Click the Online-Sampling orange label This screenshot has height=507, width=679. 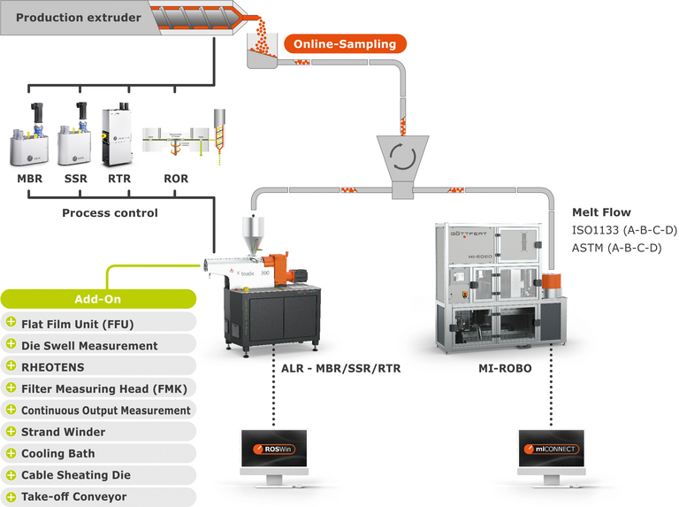(x=344, y=43)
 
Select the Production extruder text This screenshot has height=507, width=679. (x=67, y=18)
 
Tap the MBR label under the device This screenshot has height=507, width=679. (x=29, y=179)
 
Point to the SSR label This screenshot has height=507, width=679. (x=74, y=179)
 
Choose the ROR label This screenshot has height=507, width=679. (x=176, y=179)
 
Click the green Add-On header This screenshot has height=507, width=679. (x=96, y=300)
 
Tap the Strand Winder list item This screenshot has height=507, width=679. (x=63, y=432)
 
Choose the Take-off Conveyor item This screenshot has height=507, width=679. (x=73, y=497)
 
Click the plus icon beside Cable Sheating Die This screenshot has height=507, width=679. (x=11, y=475)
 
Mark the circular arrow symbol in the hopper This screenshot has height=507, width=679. (x=402, y=157)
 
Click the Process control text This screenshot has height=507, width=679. (x=110, y=213)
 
